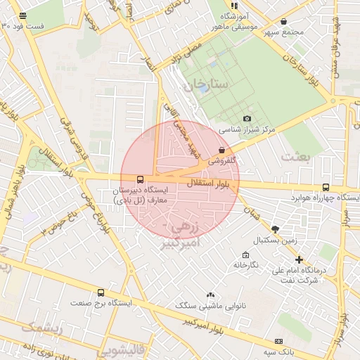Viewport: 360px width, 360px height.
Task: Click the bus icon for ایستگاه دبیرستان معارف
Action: (140, 179)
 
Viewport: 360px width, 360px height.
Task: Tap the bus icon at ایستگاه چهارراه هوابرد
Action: (326, 187)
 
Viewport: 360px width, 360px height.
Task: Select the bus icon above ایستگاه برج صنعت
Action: (101, 292)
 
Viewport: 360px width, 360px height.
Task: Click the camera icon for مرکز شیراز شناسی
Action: (247, 119)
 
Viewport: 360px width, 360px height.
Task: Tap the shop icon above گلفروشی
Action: (222, 150)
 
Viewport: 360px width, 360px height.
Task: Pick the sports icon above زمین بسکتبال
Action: (275, 229)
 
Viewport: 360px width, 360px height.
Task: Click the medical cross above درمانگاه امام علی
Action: (300, 259)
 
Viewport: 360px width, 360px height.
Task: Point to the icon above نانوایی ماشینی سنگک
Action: (210, 295)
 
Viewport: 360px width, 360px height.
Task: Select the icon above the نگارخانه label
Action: (245, 255)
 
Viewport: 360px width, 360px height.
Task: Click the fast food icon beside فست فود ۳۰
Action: (23, 15)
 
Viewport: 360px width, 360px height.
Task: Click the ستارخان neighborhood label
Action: (209, 85)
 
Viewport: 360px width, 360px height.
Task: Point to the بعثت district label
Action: (295, 157)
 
